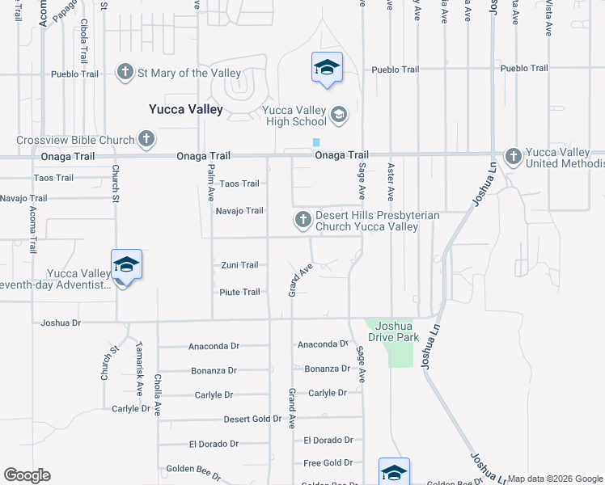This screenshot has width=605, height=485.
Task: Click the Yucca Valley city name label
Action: click(x=185, y=109)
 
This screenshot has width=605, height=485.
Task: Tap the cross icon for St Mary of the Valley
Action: click(x=125, y=73)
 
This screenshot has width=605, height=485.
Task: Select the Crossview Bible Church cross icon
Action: click(x=146, y=139)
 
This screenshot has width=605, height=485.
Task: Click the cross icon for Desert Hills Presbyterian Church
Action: click(x=302, y=219)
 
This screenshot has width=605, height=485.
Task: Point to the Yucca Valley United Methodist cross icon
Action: click(x=512, y=155)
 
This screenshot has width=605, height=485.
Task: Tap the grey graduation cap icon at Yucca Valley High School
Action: click(x=339, y=115)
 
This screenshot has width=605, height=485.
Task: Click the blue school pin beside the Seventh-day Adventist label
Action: click(x=126, y=265)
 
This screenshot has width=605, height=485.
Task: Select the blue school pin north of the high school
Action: click(x=327, y=68)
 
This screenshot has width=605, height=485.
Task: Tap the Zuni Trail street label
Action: click(x=239, y=265)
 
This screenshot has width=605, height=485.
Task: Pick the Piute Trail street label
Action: click(x=239, y=292)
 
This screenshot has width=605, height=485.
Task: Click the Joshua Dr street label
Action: click(x=61, y=323)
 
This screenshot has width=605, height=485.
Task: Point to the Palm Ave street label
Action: click(x=210, y=183)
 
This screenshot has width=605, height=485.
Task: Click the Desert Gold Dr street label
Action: click(x=252, y=420)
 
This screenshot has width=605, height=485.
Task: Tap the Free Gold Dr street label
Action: click(x=328, y=463)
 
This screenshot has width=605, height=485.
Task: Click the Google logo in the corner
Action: click(x=27, y=475)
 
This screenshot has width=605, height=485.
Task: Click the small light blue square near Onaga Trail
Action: click(x=316, y=142)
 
